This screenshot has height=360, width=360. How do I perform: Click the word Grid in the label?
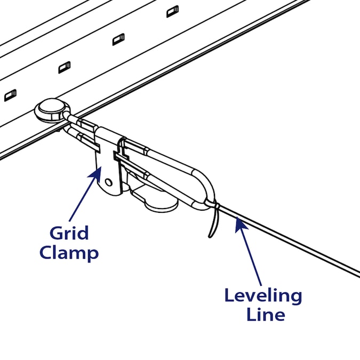pyautogui.click(x=69, y=234)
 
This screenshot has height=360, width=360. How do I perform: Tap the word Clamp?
pyautogui.click(x=69, y=252)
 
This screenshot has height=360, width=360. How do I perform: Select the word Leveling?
pyautogui.click(x=263, y=296)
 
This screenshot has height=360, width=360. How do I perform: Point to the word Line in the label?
pyautogui.click(x=265, y=314)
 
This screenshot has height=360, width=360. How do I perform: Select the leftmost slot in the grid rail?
pyautogui.click(x=10, y=95)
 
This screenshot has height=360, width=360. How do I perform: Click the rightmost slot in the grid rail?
pyautogui.click(x=172, y=11)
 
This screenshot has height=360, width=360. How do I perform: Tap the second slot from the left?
pyautogui.click(x=64, y=67)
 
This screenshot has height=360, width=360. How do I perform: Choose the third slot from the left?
pyautogui.click(x=118, y=39)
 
